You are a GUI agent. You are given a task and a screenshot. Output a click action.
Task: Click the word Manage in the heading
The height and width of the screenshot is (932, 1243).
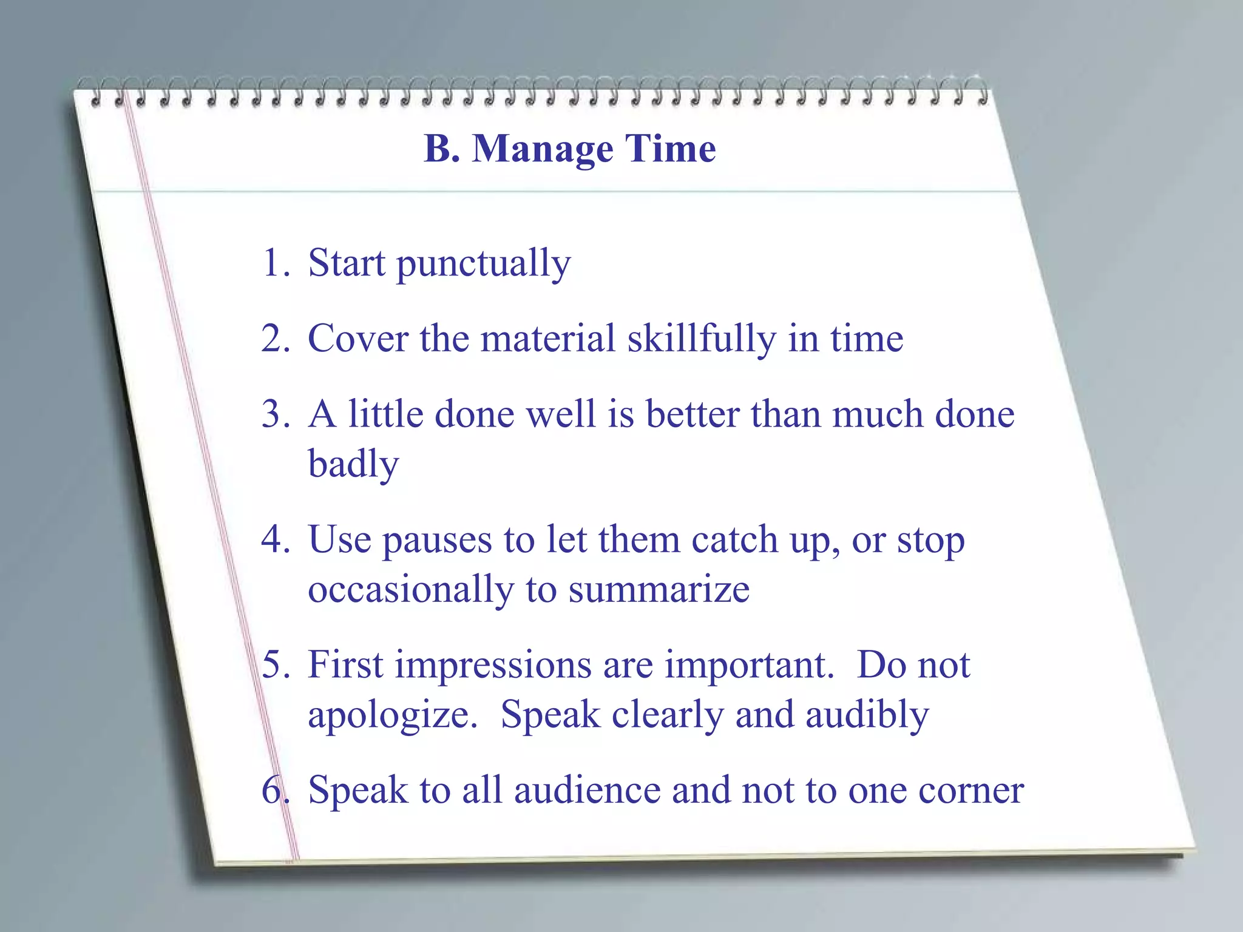coord(543,149)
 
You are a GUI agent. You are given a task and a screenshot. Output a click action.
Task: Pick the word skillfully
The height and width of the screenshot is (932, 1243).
coord(701,339)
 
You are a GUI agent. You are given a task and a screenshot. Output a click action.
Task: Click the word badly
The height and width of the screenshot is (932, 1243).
coord(353,465)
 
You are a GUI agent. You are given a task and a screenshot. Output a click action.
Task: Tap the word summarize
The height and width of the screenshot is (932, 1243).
coord(659,590)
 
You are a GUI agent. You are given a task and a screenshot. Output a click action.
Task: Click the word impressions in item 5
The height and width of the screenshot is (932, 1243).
coord(493,666)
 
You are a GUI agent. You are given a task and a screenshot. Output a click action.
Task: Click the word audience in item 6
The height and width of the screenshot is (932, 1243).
coord(586,791)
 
